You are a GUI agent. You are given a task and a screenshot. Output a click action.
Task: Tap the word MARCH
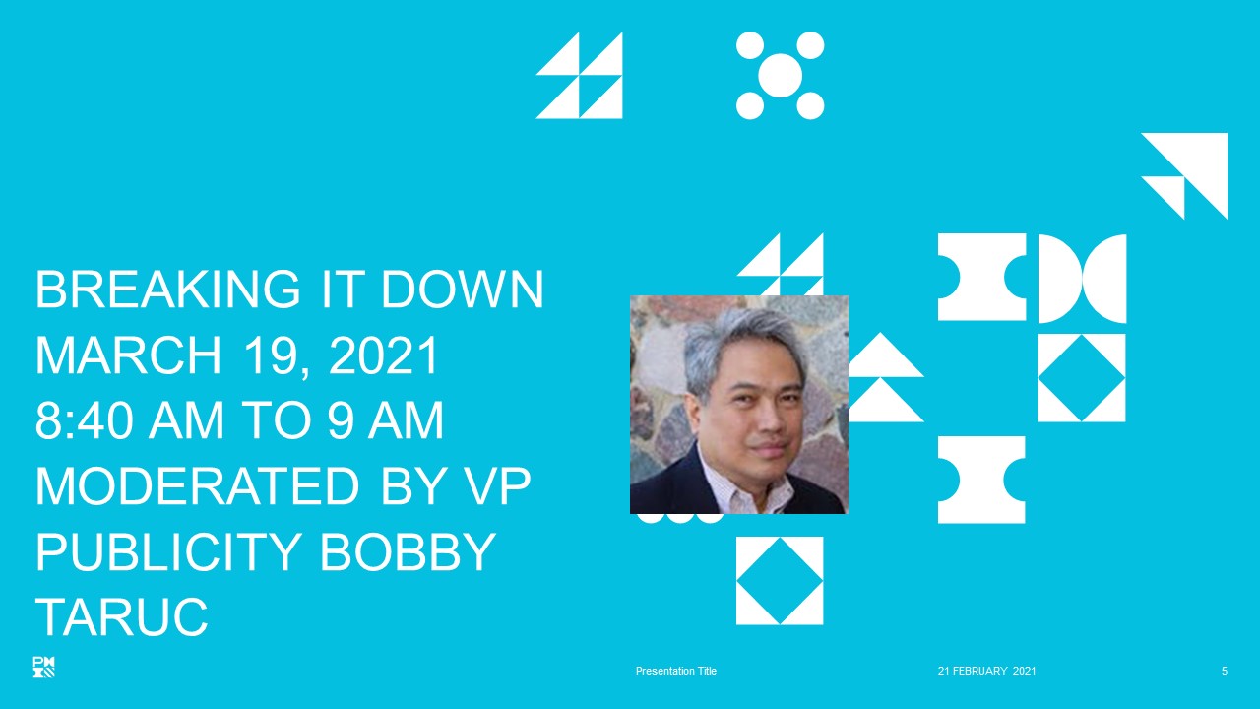(128, 354)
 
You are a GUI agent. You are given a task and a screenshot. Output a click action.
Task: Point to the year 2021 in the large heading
(383, 354)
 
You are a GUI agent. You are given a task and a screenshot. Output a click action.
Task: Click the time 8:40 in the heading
(85, 419)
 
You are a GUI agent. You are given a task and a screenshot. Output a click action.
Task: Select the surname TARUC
(121, 617)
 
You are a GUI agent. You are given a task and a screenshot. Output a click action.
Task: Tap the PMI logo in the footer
(44, 667)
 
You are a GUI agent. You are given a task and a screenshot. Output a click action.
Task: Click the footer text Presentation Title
(676, 671)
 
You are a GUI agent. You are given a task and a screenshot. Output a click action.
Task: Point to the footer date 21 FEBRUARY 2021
(986, 671)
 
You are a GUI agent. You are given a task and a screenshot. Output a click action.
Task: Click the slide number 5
(1224, 671)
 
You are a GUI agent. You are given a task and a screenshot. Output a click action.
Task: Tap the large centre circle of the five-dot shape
(781, 76)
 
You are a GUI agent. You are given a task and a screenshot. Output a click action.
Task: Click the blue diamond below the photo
(780, 581)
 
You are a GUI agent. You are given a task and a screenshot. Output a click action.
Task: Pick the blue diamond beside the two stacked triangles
(1081, 378)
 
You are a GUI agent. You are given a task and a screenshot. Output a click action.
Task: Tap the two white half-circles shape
(1082, 279)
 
